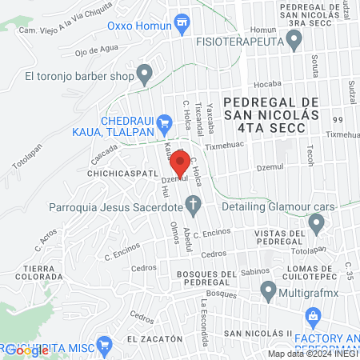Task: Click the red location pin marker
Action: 179,164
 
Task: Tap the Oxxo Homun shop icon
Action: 183,22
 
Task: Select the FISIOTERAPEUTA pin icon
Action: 296,43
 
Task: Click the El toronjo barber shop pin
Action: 145,76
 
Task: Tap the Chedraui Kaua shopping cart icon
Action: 165,123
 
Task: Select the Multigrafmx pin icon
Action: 267,294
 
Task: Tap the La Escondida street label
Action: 206,323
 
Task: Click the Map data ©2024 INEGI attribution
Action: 313,353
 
